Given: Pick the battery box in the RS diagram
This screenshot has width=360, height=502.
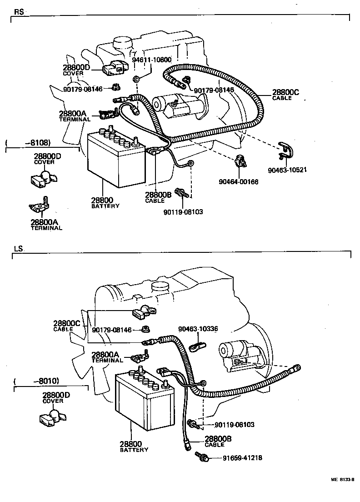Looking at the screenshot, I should click(116, 160).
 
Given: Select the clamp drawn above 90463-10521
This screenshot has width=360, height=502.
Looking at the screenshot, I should click(286, 151).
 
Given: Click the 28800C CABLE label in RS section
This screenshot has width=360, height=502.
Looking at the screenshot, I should click(285, 94).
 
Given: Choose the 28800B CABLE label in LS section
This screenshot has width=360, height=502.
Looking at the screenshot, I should click(218, 441).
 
